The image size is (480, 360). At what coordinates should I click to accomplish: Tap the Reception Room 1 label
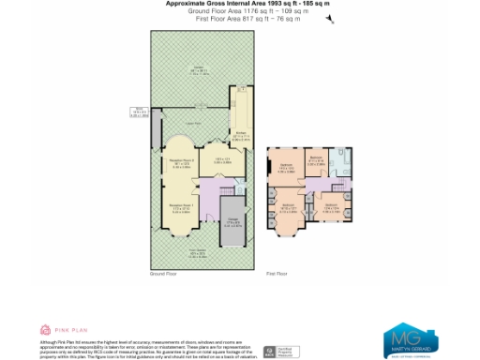point(181,205)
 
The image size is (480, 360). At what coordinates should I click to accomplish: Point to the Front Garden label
point(199,251)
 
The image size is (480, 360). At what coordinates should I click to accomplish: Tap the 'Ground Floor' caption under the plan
point(162,274)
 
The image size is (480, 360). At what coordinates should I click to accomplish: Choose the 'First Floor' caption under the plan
point(277,274)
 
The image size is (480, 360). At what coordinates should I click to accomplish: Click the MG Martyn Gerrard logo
point(407,337)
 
